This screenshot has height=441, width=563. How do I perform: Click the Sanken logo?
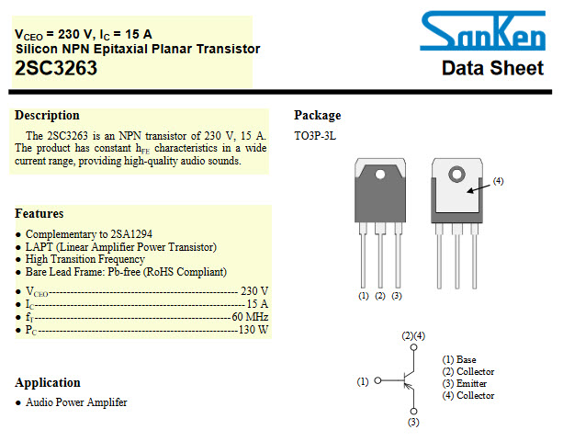[482, 31]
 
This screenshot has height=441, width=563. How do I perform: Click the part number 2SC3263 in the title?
[56, 68]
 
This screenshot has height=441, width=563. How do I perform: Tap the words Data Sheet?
[492, 68]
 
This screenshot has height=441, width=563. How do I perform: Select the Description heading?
[47, 115]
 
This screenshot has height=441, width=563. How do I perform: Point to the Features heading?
[39, 213]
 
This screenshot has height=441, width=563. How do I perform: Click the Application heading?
[48, 383]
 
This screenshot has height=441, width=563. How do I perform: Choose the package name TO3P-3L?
[315, 136]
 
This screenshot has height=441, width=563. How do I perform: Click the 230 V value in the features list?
[254, 291]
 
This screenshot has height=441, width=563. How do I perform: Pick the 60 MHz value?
[250, 317]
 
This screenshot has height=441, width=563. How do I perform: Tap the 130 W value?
[253, 330]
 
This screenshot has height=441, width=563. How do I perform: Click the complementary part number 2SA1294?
[131, 234]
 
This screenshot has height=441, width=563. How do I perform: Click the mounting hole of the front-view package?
[380, 175]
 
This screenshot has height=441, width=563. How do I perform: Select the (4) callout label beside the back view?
[498, 181]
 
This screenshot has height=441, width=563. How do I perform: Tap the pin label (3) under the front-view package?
[397, 296]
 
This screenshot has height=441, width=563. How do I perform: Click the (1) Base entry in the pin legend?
[459, 359]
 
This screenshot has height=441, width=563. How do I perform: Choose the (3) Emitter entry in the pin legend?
[465, 383]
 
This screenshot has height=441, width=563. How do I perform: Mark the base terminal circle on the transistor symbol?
[377, 380]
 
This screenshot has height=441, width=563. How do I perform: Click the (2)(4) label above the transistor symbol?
[413, 335]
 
